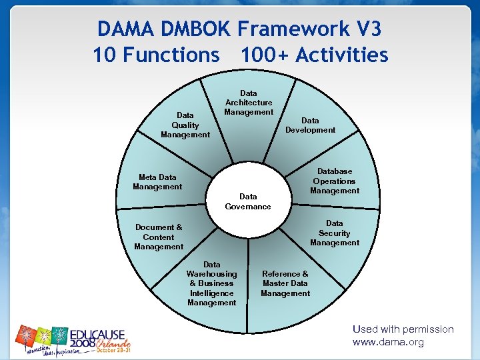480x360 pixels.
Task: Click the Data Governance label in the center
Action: pos(248,201)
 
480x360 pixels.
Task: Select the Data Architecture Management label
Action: pos(249,103)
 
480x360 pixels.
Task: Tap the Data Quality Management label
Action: pos(185,125)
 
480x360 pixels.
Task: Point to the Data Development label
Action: pos(310,125)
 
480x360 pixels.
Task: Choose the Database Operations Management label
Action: pos(334,181)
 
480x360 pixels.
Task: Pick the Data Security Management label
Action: pos(334,233)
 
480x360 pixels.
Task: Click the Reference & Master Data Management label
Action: pos(285,283)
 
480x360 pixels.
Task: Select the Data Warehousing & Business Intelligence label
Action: pos(212,283)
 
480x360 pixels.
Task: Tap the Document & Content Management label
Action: pos(159,237)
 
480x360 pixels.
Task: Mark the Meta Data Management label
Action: pos(157,182)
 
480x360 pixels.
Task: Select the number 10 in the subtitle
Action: pos(105,55)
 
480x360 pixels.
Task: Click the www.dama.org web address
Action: pos(388,342)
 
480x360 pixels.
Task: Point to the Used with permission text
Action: pos(403,329)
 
